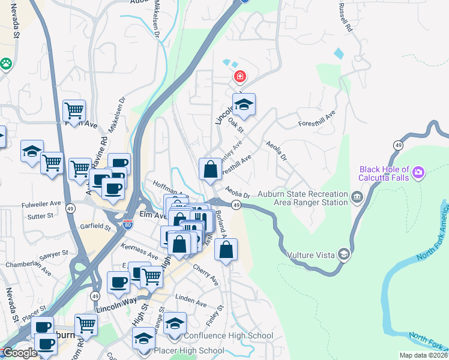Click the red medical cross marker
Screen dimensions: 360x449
(x=240, y=76)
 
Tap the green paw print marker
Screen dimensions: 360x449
(x=6, y=63)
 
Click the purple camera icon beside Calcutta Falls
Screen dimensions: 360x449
(x=418, y=173)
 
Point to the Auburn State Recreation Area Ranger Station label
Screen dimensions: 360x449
(x=303, y=198)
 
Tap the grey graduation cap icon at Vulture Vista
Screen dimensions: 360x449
(x=343, y=254)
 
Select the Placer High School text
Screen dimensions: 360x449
(x=189, y=350)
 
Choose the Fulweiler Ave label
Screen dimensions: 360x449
(x=43, y=203)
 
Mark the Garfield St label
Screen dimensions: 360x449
(x=95, y=227)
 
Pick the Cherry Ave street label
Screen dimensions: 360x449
(x=205, y=273)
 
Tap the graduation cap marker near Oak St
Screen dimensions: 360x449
(x=244, y=105)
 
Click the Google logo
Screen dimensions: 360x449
(x=19, y=353)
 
